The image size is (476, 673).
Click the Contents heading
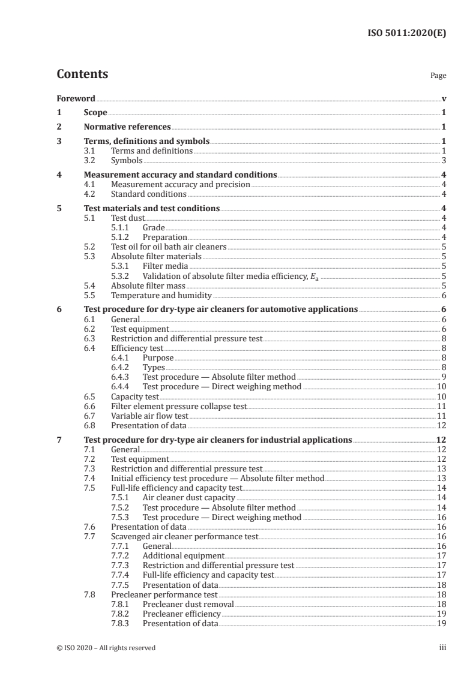[x=82, y=74]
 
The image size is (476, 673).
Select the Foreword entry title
[x=76, y=98]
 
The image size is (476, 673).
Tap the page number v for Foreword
[x=444, y=98]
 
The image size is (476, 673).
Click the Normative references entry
[x=127, y=127]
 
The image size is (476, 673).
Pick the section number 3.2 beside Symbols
[x=90, y=161]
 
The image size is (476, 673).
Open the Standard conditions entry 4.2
[x=148, y=194]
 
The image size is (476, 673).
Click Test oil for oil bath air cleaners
[x=169, y=247]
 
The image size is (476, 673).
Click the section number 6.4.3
[x=122, y=377]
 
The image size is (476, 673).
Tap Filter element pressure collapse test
[x=179, y=406]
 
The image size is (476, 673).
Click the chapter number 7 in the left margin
[x=59, y=440]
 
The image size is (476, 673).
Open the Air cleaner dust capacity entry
[x=189, y=498]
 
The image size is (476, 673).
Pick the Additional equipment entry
[x=183, y=556]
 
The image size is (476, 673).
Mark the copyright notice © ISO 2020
[x=106, y=648]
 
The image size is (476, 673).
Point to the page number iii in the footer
[x=442, y=648]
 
